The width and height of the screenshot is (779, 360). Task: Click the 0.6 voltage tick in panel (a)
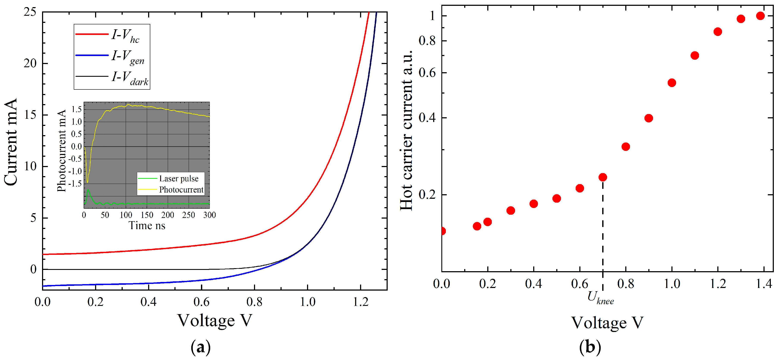tap(201, 302)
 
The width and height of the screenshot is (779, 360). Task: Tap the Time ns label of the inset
tap(147, 225)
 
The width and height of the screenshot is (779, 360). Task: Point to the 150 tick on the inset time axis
tap(147, 215)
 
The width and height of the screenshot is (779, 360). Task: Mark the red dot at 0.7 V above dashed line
tap(603, 177)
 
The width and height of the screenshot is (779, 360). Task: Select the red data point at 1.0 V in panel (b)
tap(672, 83)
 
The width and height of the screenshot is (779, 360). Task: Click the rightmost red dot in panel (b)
tap(760, 16)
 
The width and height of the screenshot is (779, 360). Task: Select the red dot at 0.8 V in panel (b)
tap(626, 147)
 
